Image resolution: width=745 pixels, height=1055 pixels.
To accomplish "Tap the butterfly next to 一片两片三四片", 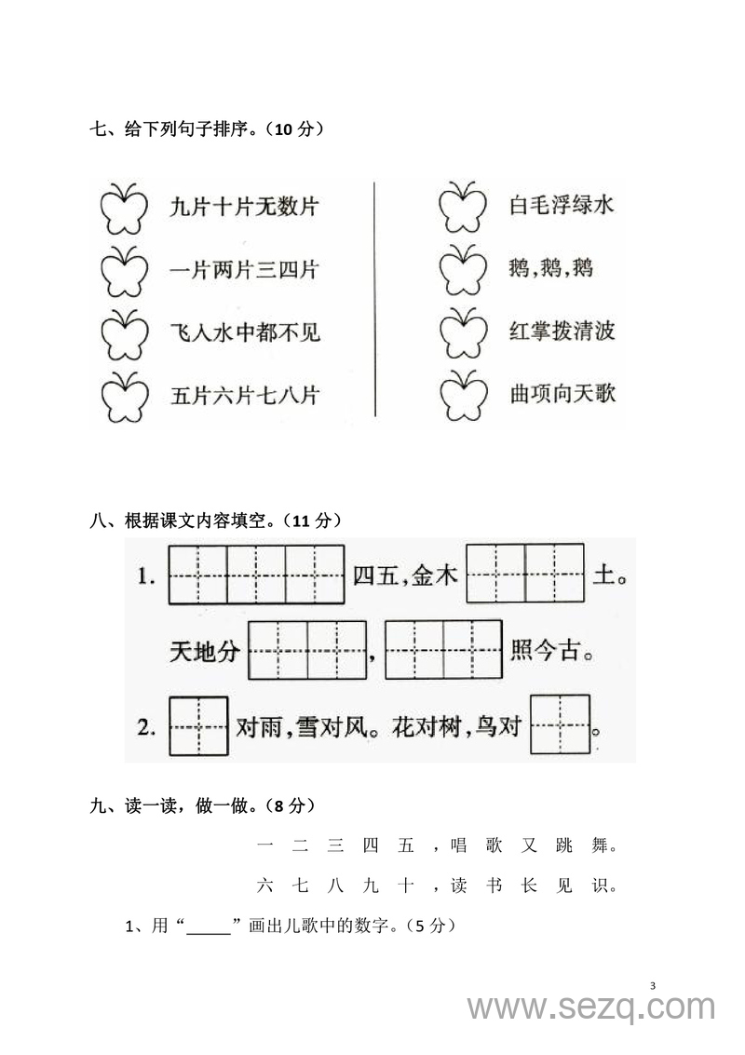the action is click(x=123, y=271).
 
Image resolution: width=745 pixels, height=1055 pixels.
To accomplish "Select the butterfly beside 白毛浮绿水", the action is click(x=462, y=207).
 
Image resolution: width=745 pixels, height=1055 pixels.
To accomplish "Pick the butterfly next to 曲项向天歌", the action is click(x=462, y=395).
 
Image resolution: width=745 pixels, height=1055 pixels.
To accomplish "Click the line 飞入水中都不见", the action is click(x=245, y=332).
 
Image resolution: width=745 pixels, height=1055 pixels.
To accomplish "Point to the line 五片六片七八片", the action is click(x=245, y=395).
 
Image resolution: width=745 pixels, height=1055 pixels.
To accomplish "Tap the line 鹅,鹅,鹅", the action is click(x=551, y=269).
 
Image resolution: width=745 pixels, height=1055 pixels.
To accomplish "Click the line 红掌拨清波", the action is click(x=562, y=331).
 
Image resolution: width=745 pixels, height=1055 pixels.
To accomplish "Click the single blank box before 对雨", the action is click(x=197, y=726).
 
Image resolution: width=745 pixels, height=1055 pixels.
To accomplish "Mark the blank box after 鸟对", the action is click(x=560, y=724).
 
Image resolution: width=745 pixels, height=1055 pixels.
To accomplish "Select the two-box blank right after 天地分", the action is click(x=307, y=650).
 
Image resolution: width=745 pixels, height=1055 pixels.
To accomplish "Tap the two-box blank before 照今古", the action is click(x=443, y=650).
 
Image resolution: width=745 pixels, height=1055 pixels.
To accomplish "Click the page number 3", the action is click(x=652, y=986).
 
